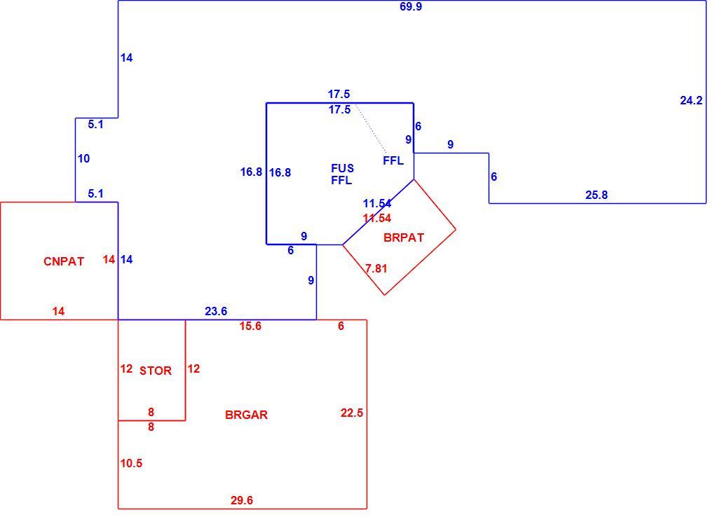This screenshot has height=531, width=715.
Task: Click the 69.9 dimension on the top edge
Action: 410,7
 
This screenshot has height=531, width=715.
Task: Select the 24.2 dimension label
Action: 691,101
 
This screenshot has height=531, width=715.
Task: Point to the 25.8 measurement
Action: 597,195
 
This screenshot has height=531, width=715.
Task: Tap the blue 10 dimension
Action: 84,158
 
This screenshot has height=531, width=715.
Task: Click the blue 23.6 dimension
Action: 216,311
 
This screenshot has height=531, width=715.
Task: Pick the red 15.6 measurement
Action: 250,326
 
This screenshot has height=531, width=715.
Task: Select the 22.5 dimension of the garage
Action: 352,413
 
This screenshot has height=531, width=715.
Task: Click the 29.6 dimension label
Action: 242,500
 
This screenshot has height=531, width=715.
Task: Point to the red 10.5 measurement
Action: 131,464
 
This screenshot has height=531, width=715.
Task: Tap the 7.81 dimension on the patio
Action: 376,269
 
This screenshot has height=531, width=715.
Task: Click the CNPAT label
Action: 64,261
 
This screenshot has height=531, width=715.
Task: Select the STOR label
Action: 156,371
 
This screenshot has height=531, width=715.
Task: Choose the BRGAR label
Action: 246,415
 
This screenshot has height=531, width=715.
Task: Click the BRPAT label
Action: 404,238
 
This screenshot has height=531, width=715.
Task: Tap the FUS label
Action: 343,169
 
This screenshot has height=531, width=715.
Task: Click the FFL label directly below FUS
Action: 341,181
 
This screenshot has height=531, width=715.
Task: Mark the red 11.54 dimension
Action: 377,219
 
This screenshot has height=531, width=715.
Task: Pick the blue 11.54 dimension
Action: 377,204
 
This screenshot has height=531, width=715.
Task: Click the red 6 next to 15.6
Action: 341,326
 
